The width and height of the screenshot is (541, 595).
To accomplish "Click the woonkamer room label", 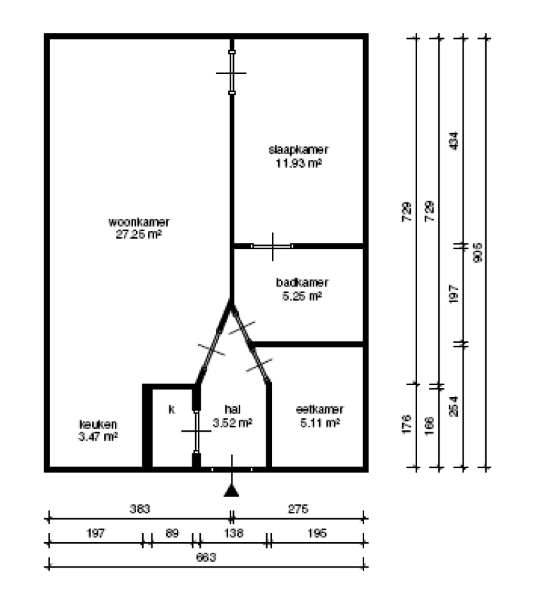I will pyautogui.click(x=139, y=223).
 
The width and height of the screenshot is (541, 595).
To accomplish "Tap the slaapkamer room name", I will pyautogui.click(x=299, y=149).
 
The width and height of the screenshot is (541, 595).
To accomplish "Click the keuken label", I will pyautogui.click(x=97, y=425).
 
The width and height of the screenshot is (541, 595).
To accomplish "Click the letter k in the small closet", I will pyautogui.click(x=171, y=409).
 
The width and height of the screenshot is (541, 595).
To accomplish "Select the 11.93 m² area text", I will pyautogui.click(x=299, y=163).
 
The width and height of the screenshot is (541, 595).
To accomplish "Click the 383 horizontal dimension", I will pyautogui.click(x=140, y=508).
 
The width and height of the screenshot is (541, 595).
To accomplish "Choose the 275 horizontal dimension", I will pyautogui.click(x=299, y=508).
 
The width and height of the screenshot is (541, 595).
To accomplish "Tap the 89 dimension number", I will pyautogui.click(x=172, y=534).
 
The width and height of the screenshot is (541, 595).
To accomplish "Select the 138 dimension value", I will pyautogui.click(x=233, y=534).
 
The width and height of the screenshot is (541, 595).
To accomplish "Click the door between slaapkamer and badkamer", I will pyautogui.click(x=273, y=246).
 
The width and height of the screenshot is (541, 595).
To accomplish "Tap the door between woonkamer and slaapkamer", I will pyautogui.click(x=232, y=73).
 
